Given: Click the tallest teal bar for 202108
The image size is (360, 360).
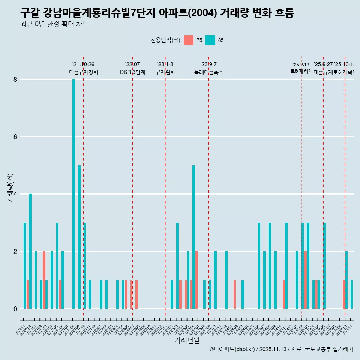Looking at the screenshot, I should coord(73,194).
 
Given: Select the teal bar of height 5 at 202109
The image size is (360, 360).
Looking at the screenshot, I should coord(79,237).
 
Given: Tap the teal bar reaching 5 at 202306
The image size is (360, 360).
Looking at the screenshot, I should coord(193,237).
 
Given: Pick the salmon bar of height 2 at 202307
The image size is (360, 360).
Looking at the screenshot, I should coord(196,280).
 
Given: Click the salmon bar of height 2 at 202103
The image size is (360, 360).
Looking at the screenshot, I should coord(44,280).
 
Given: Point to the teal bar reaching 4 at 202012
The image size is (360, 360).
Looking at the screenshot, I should coord(30,251).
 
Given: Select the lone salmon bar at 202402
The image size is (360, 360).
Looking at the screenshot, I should coord(235,294).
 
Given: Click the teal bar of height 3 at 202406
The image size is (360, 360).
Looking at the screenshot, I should coord(259,265).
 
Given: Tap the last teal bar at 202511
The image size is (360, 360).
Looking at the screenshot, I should coord(352,294).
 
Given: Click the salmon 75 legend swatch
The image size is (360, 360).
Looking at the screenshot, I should coord(189,40).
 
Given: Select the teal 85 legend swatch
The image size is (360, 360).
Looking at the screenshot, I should coord(210,40).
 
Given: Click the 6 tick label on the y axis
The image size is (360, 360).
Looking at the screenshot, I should coord(15,137).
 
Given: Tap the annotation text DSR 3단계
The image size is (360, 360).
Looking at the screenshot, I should coord(132,72).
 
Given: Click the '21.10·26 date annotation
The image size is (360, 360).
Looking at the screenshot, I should coord(83,64).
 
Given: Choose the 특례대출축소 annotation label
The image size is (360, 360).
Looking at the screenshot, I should coord(208,72).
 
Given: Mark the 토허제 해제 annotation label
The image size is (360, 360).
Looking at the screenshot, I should coord(301,71).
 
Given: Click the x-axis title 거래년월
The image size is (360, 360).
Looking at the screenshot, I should coord(187,340).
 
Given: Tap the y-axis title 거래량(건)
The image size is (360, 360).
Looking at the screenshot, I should coord(10,187).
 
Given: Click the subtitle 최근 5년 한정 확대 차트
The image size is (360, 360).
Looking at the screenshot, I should coord(54,24).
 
